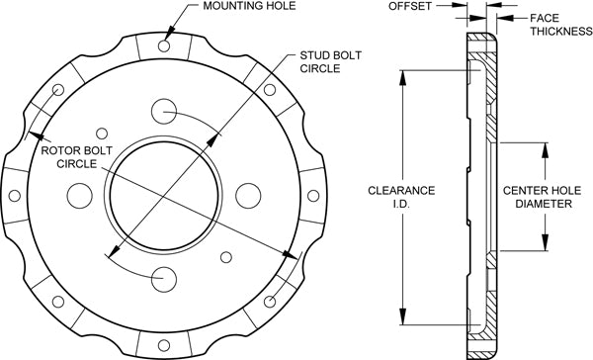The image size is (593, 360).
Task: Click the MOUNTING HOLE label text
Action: (x=249, y=6)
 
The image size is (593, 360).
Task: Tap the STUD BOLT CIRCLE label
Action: (x=330, y=61)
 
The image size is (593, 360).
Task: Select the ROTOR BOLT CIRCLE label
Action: (x=76, y=157)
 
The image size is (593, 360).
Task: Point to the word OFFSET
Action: (x=410, y=6)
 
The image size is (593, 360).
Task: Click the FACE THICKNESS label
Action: (x=560, y=25)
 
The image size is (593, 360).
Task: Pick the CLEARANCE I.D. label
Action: (x=401, y=197)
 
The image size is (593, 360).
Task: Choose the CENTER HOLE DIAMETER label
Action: (x=542, y=197)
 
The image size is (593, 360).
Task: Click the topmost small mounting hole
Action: (x=164, y=45)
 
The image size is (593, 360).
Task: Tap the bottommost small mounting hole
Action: (x=164, y=345)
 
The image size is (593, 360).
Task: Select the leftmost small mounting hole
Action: (x=15, y=196)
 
